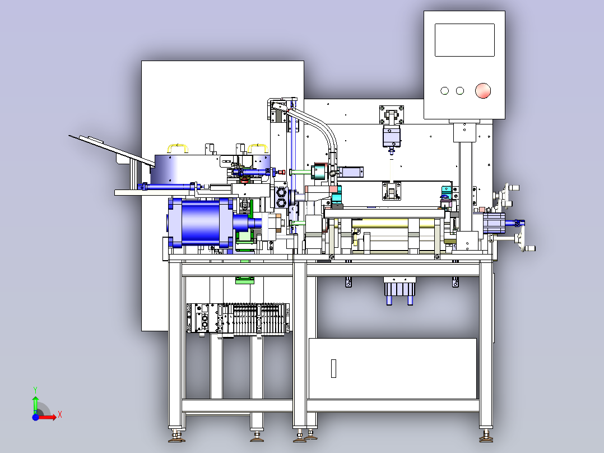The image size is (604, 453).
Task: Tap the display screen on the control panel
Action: (464, 40)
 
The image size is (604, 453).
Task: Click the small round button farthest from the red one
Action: (444, 91)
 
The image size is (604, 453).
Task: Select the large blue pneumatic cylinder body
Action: (201, 223)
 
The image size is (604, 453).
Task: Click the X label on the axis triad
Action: (60, 415)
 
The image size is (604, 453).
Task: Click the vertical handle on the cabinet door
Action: (333, 368)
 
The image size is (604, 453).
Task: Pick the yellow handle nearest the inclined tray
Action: (178, 148)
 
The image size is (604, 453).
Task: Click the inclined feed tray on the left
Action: (111, 150)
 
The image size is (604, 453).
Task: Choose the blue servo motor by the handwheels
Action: (494, 223)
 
